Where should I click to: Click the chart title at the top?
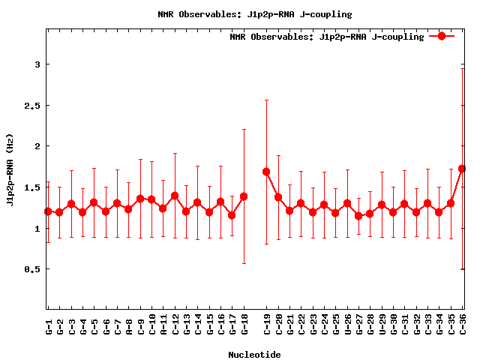[x=255, y=14]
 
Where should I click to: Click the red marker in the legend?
[x=442, y=36]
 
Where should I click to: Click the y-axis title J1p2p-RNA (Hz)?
[x=10, y=174]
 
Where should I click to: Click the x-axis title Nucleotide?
[x=255, y=355]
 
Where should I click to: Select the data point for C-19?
[x=266, y=172]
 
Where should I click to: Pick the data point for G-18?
[x=244, y=196]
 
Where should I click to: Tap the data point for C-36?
[x=462, y=169]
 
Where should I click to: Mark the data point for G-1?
[x=48, y=211]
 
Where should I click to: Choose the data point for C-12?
[x=175, y=196]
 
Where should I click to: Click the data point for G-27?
[x=358, y=216]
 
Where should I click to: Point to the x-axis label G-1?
[x=49, y=325]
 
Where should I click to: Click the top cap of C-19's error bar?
[x=266, y=100]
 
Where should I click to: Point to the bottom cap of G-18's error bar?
[x=244, y=263]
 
